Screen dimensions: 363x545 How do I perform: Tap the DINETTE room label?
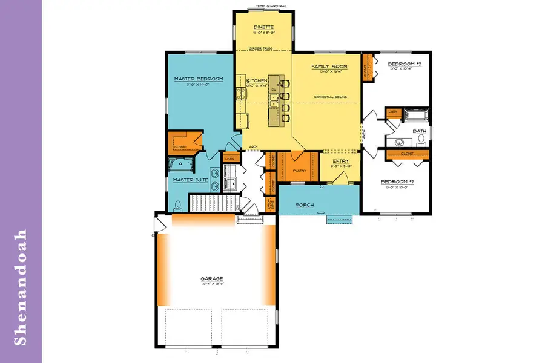263,27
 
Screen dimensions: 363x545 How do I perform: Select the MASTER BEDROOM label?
199,79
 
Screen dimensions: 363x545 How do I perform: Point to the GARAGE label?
213,279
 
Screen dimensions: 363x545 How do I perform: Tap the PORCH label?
305,205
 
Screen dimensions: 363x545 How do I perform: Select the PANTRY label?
300,171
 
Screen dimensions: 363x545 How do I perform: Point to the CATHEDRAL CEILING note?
329,97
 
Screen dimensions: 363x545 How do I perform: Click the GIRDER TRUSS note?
263,48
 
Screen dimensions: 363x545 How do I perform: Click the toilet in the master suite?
176,204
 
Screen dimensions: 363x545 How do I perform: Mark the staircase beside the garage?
212,203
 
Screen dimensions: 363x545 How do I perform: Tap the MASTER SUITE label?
187,180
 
